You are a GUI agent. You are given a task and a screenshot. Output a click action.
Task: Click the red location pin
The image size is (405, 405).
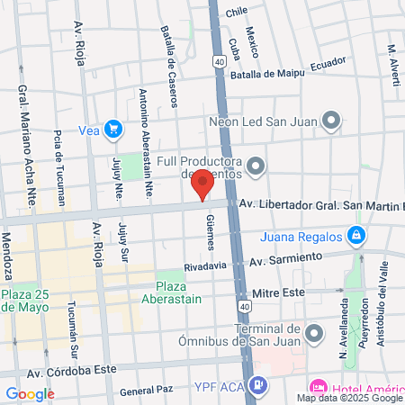[x=203, y=183]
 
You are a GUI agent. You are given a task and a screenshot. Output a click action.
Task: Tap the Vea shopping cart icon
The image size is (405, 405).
[x=112, y=130]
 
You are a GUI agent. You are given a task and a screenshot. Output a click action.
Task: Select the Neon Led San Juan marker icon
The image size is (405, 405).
[x=332, y=120]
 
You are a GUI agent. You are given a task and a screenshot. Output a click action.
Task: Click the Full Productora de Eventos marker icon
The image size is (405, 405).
[x=257, y=166]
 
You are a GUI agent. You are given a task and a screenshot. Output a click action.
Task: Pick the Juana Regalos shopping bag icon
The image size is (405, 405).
[x=357, y=237]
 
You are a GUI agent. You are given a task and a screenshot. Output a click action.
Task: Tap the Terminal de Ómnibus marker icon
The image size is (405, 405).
[x=313, y=334]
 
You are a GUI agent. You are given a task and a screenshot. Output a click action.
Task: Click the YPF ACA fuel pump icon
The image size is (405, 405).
[x=258, y=386]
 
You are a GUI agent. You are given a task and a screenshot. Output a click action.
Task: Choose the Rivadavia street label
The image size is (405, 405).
[x=202, y=267]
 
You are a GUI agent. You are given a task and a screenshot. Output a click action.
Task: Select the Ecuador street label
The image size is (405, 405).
[x=328, y=65]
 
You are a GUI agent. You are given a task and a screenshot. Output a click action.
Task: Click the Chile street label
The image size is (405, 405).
[x=236, y=12]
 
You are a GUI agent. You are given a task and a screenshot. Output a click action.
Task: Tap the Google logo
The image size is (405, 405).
[x=30, y=393]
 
